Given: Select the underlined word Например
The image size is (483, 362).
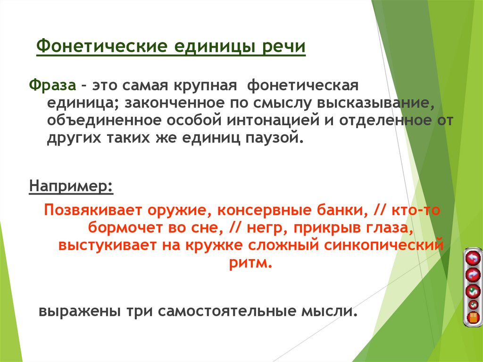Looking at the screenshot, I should (x=71, y=185).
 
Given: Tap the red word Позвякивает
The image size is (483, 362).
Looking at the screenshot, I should (x=92, y=210).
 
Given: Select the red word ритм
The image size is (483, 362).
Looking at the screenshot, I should (x=250, y=262).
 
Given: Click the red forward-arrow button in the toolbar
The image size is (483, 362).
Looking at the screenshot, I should (x=472, y=274).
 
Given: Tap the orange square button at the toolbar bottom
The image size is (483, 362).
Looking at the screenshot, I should (x=472, y=317).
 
